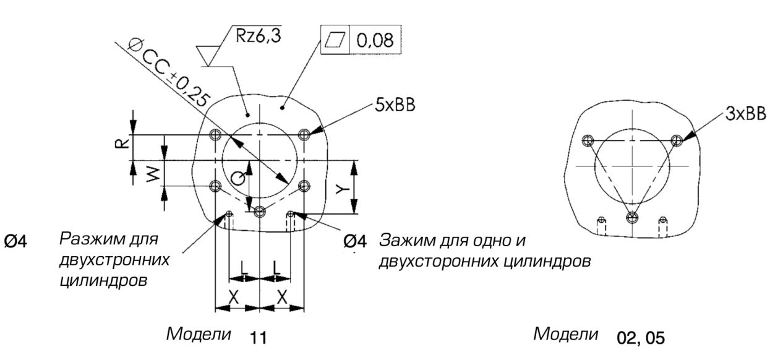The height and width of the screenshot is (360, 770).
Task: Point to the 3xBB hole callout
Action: point(746,116)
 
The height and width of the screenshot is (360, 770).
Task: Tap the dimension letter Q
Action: point(237,178)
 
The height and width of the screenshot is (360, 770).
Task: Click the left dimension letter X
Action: point(234,296)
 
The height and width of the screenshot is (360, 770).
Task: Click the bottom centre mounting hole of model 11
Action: point(260,211)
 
